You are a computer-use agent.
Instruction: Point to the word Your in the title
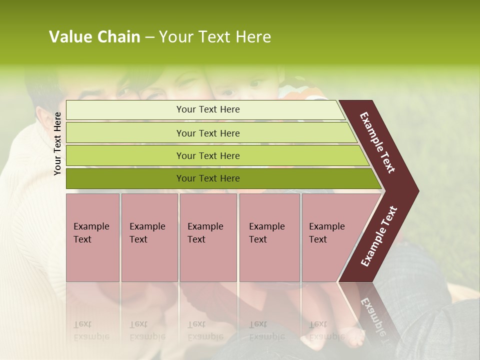pyautogui.click(x=175, y=37)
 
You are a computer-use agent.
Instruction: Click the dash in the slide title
pyautogui.click(x=149, y=37)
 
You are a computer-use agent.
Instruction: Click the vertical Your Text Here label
pyautogui.click(x=57, y=143)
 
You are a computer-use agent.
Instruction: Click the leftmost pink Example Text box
pyautogui.click(x=92, y=237)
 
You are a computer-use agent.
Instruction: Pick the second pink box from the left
pyautogui.click(x=149, y=237)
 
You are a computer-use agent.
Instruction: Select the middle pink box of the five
pyautogui.click(x=208, y=237)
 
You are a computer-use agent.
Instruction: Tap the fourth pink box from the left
pyautogui.click(x=269, y=237)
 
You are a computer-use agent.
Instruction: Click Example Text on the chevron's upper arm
pyautogui.click(x=378, y=142)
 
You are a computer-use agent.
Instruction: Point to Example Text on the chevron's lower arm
pyautogui.click(x=379, y=236)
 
